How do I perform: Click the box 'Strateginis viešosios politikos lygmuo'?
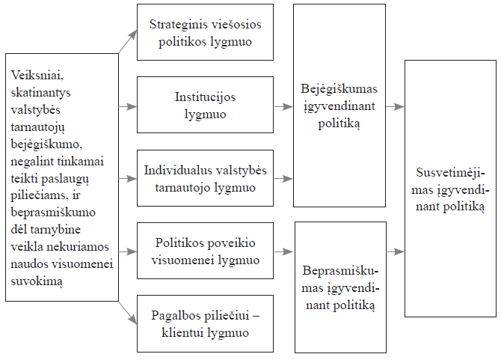pos(204,32)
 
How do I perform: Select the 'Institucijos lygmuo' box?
pos(204,106)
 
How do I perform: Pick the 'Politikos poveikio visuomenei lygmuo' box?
pos(204,251)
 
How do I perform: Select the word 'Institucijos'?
pos(205,97)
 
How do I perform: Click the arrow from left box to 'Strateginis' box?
pos(128,43)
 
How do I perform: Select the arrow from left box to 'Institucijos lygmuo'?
pos(128,106)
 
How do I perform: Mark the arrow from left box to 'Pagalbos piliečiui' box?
pos(128,314)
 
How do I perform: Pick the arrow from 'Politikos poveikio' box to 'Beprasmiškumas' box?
pos(283,251)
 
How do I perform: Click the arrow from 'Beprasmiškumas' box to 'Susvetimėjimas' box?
pos(394,251)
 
